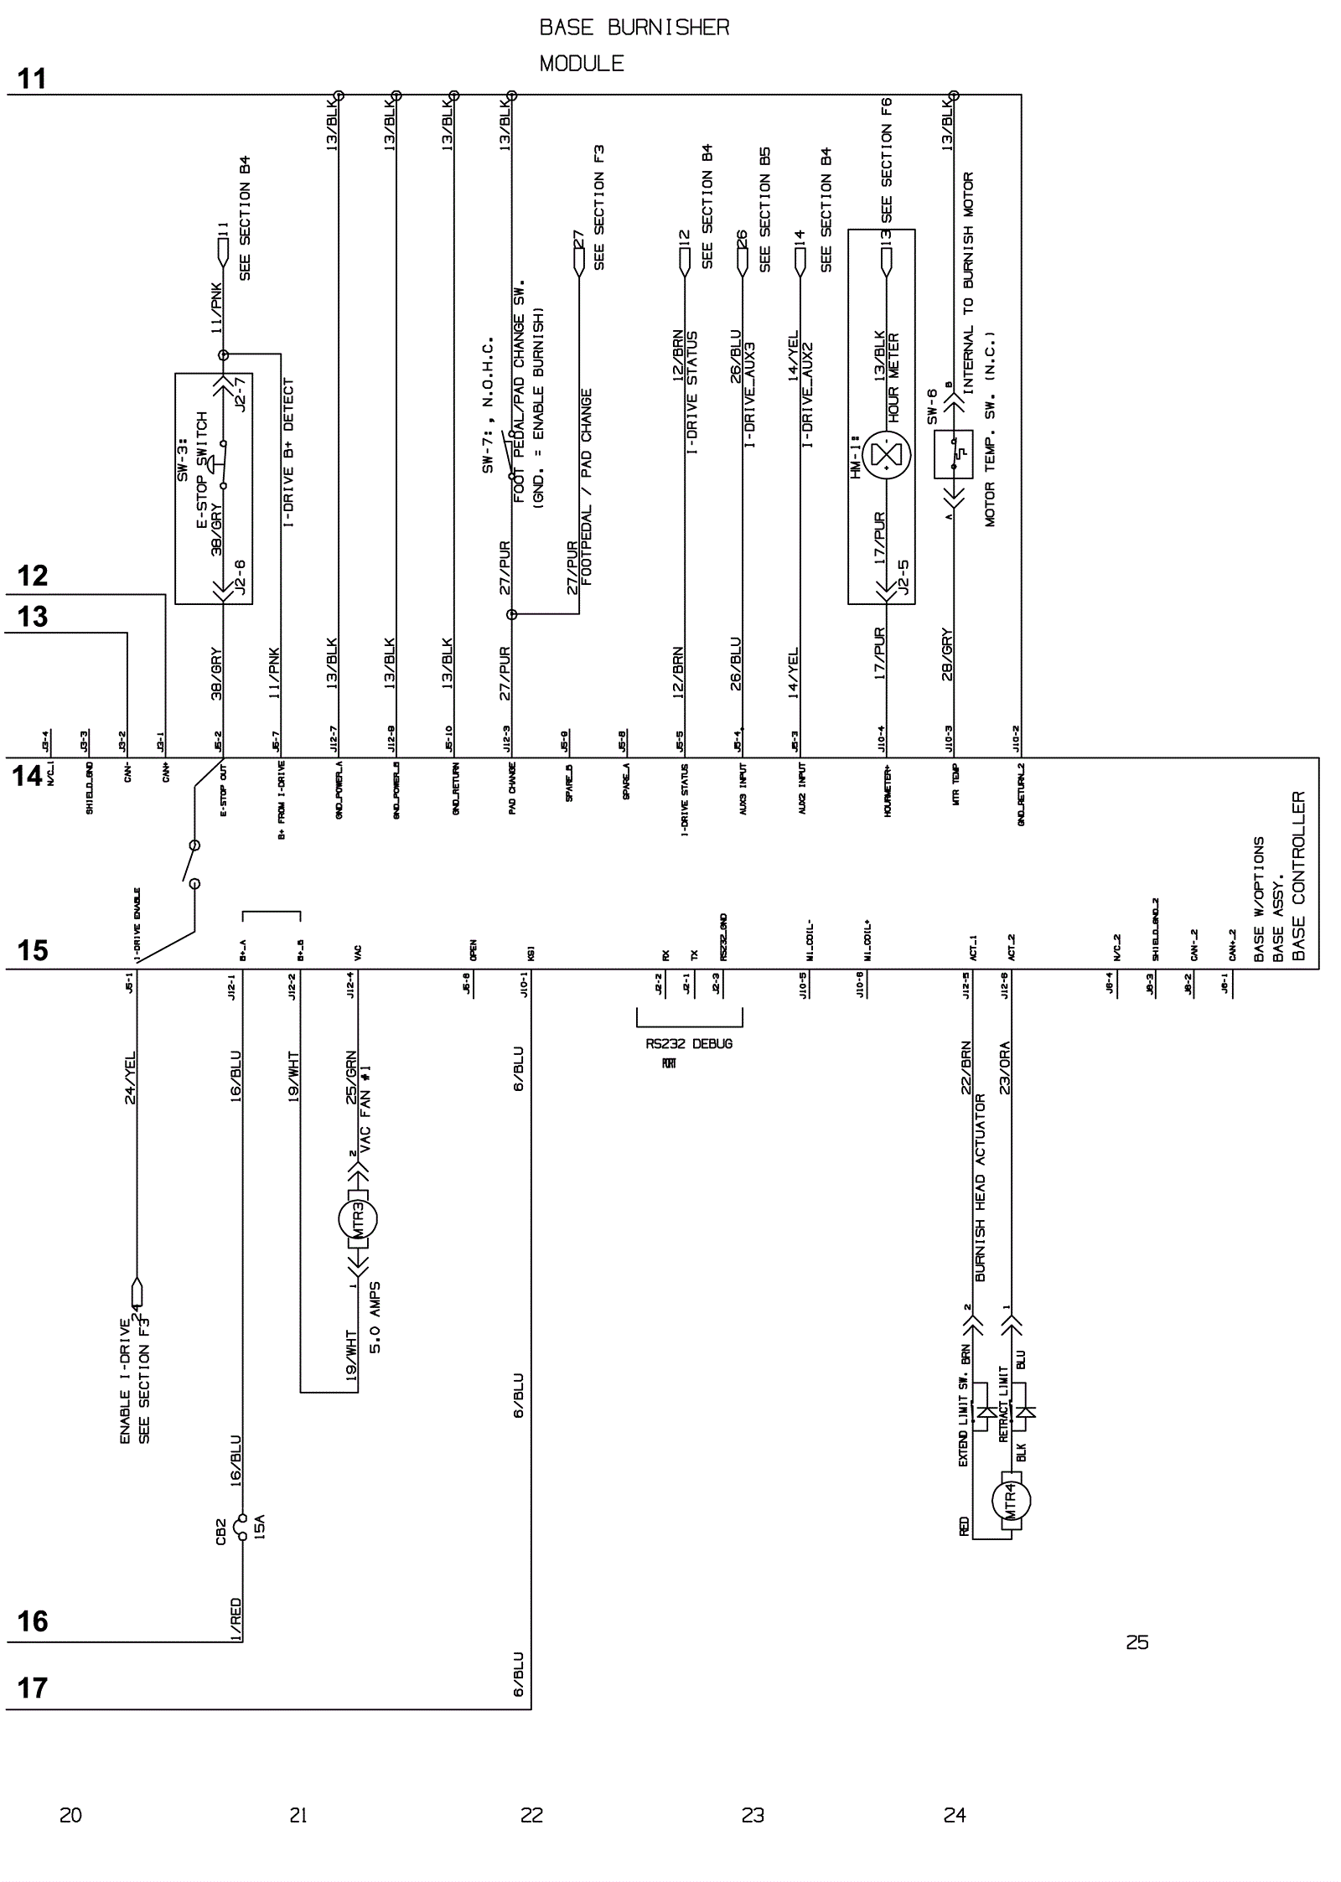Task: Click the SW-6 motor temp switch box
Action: [953, 455]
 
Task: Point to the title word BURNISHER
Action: [668, 28]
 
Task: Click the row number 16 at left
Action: [33, 1621]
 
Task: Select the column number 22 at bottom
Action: [531, 1815]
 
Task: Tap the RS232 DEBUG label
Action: [689, 1044]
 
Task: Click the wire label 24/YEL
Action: [130, 1078]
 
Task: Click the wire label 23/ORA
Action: [1005, 1068]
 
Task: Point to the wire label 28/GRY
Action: [947, 654]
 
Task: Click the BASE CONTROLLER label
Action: [1298, 876]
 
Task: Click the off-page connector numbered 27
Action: [578, 256]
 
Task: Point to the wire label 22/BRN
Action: [966, 1068]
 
